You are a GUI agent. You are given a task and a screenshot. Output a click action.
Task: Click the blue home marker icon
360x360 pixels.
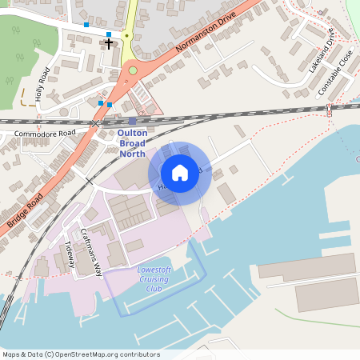180,172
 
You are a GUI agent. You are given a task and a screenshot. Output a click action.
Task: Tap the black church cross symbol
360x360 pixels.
109,43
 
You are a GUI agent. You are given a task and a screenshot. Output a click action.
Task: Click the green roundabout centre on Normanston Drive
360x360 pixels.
133,70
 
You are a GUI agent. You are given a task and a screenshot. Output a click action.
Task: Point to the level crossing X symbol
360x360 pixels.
95,124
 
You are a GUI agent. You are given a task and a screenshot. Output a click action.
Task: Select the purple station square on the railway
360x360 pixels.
132,121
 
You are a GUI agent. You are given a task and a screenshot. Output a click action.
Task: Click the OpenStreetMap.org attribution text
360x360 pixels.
108,354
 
